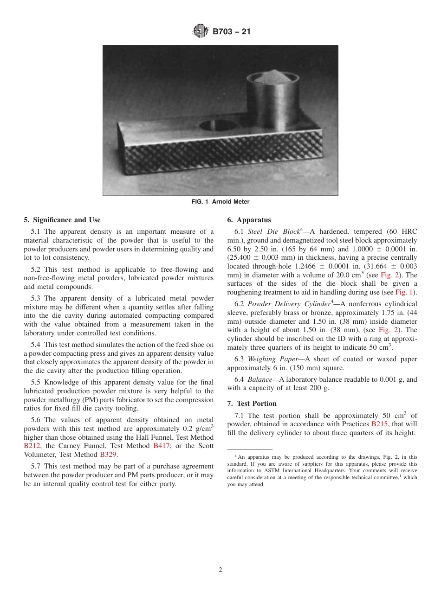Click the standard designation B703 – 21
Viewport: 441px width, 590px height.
pos(231,32)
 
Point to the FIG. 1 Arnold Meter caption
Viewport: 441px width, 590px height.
pos(220,202)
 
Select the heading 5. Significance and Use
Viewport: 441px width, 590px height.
pos(62,220)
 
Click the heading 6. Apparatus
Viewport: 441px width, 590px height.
pos(249,220)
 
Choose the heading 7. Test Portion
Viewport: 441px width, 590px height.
pos(252,404)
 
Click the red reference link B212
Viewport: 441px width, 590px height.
pos(32,446)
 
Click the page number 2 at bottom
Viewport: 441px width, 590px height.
pos(220,570)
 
